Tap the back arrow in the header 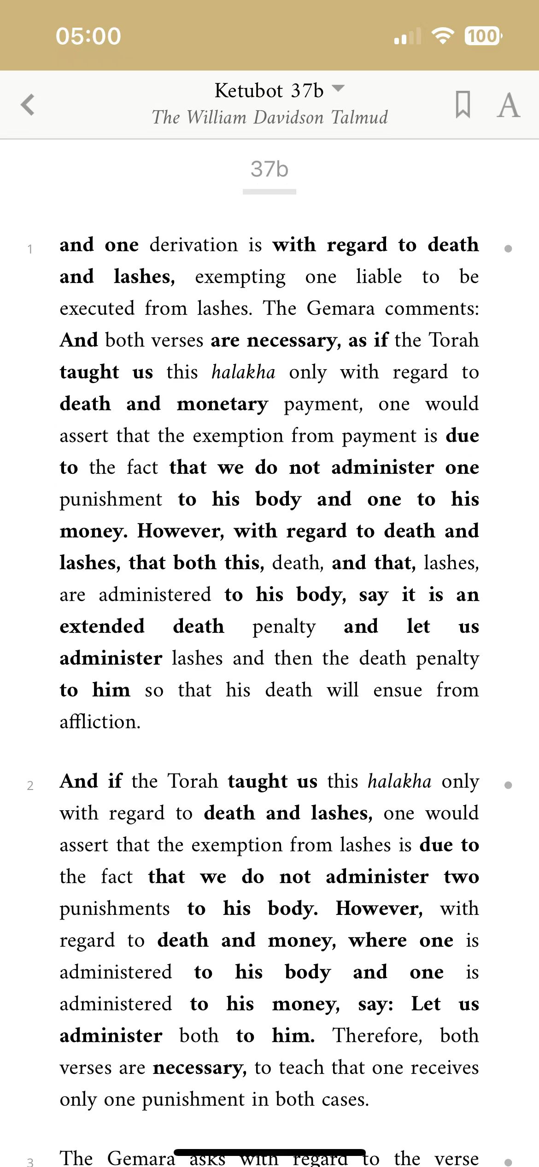click(x=28, y=104)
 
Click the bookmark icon click(x=463, y=105)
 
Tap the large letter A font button click(x=509, y=106)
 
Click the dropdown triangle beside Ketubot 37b click(x=338, y=88)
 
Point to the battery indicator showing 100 click(x=483, y=36)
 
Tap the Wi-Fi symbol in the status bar click(x=443, y=36)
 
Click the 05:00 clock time click(x=88, y=36)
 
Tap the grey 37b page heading click(x=269, y=169)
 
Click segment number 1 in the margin click(x=30, y=249)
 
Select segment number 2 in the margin click(x=30, y=786)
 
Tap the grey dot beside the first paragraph click(x=508, y=249)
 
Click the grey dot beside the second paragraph click(x=508, y=785)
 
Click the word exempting click(x=240, y=277)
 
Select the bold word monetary click(x=223, y=404)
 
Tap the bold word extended click(x=102, y=627)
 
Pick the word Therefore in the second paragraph click(x=378, y=1036)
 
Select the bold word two click(x=461, y=877)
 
